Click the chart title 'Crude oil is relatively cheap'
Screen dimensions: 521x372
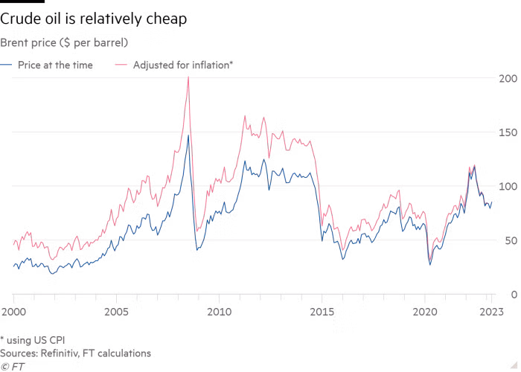(x=93, y=19)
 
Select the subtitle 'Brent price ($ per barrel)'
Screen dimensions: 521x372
(x=64, y=43)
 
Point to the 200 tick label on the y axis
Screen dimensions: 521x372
(x=508, y=79)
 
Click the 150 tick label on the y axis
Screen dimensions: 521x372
(x=508, y=133)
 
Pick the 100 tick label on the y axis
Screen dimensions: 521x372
(x=508, y=187)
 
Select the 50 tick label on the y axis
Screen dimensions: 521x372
(x=511, y=241)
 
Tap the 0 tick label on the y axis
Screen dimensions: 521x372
(x=514, y=295)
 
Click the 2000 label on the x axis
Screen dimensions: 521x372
(x=13, y=312)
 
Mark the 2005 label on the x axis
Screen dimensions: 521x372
(x=116, y=312)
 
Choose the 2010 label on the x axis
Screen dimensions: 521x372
(x=219, y=312)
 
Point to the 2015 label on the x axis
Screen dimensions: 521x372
(x=322, y=312)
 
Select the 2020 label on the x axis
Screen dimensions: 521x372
(x=425, y=312)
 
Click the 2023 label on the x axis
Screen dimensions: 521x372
(x=491, y=312)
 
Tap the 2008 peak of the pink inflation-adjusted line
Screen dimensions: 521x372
(x=188, y=77)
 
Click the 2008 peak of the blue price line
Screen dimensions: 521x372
(x=188, y=135)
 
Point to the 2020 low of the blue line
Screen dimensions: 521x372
(x=430, y=265)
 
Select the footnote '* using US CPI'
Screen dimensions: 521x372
(x=33, y=341)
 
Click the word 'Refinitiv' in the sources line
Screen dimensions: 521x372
(x=60, y=353)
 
